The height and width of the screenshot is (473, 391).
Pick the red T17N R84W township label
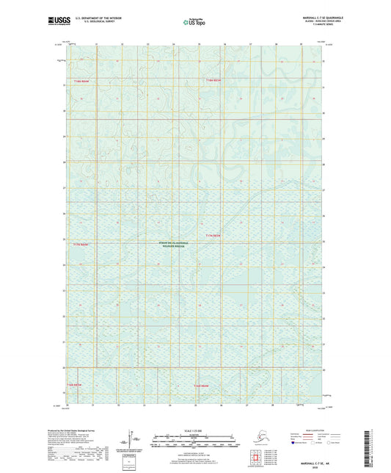(x=78, y=242)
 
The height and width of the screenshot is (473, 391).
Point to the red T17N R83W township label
(x=213, y=235)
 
